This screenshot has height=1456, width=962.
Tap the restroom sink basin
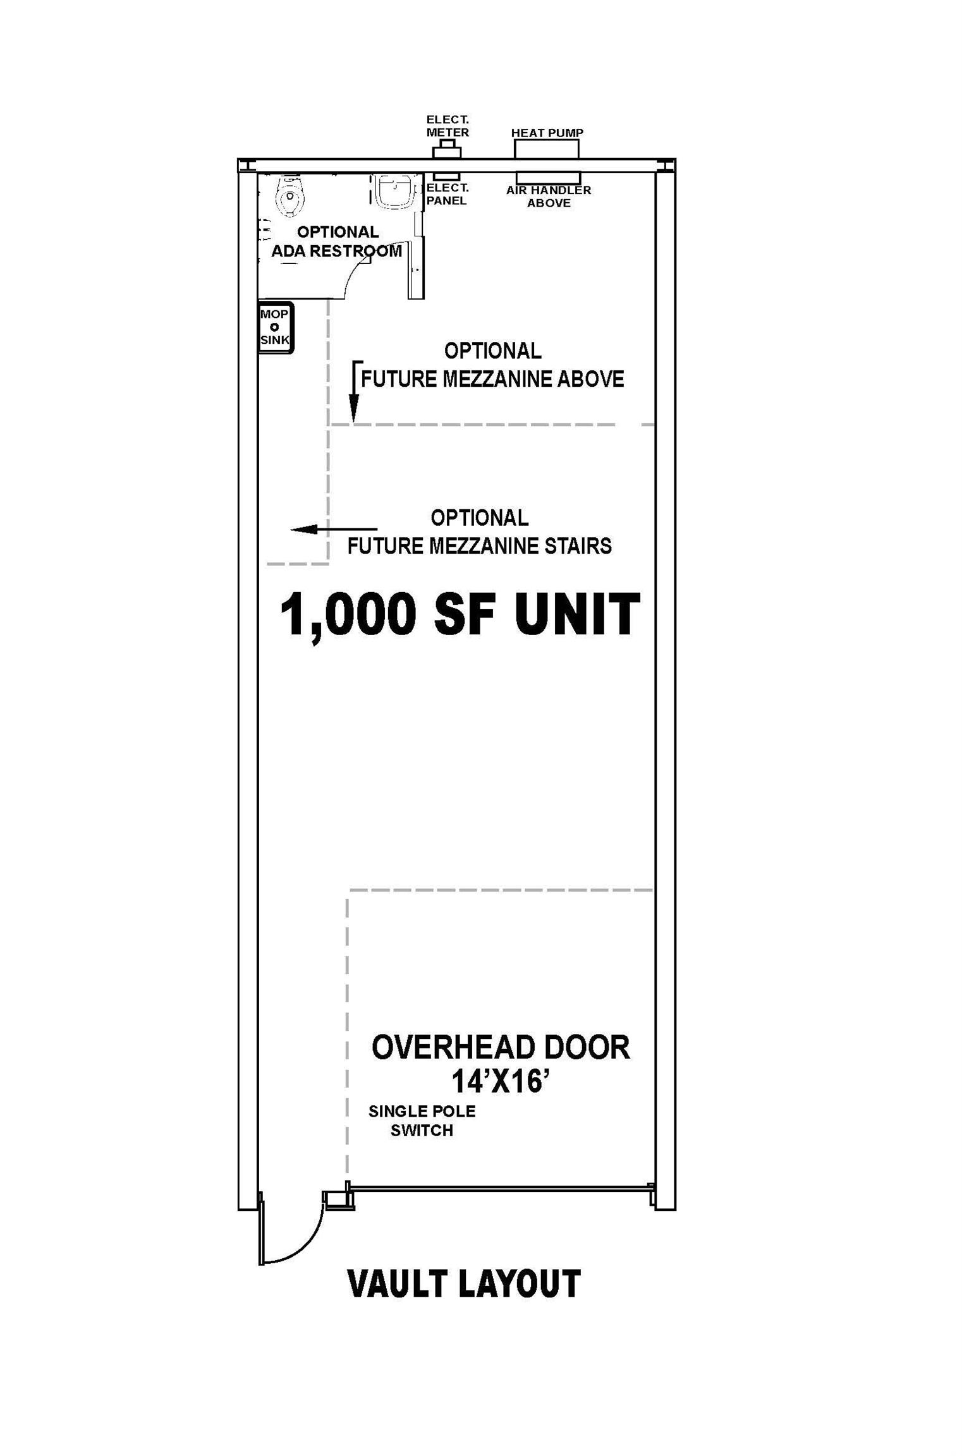[x=395, y=191]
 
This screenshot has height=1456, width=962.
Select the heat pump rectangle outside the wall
[x=547, y=149]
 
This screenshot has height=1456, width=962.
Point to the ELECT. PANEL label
[x=447, y=194]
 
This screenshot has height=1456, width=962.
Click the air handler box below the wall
[x=548, y=177]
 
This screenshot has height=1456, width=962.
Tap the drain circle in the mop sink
[x=274, y=327]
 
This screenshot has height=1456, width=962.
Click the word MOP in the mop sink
[x=274, y=314]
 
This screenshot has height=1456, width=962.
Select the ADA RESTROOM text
[x=337, y=251]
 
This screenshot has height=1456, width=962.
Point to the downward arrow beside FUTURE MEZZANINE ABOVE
[x=355, y=392]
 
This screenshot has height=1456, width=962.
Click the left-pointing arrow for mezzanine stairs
[x=334, y=529]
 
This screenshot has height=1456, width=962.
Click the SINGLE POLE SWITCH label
[x=422, y=1120]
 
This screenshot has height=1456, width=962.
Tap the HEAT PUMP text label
[x=547, y=133]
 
